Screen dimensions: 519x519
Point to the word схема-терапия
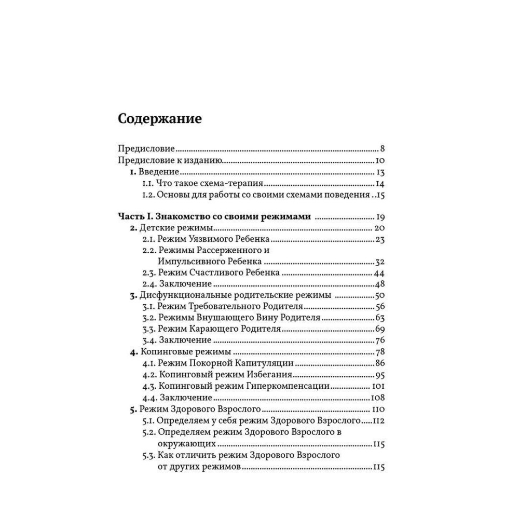[x=237, y=184]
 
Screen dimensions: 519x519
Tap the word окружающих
[x=185, y=445]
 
